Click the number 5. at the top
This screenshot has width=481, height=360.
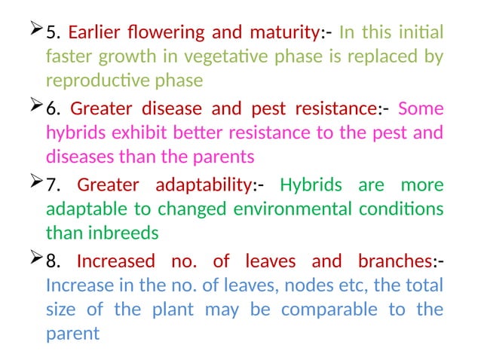pos(54,33)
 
